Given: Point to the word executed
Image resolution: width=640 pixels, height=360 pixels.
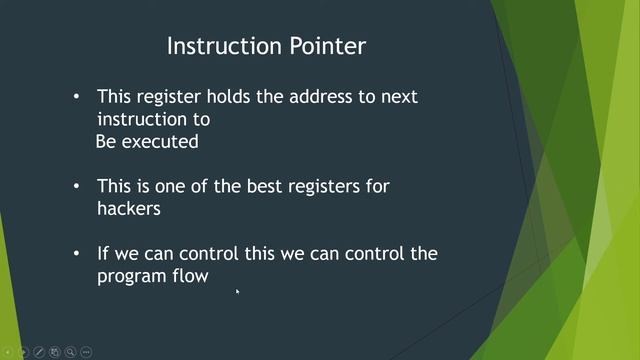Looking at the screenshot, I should click(160, 141).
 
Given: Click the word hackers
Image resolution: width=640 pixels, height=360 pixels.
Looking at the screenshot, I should click(127, 208).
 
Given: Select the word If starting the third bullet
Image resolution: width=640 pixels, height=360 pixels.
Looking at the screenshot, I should click(103, 253).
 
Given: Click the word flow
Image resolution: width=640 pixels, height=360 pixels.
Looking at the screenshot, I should click(190, 276).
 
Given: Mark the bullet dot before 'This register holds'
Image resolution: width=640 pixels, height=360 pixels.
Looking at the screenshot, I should click(78, 98).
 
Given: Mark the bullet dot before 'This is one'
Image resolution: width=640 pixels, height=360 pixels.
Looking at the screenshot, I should click(78, 187).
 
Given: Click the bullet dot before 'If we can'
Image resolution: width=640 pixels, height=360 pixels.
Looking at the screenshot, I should click(78, 254).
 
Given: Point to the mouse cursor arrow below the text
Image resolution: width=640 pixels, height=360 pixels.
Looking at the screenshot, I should click(237, 292).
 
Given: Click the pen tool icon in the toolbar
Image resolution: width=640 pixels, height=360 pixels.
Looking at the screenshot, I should click(39, 352).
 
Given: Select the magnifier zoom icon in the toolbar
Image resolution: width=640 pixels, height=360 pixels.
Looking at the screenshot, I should click(71, 352).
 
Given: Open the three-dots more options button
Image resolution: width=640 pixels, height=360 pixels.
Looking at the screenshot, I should click(87, 352).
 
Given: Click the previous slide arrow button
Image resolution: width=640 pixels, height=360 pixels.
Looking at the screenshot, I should click(8, 352).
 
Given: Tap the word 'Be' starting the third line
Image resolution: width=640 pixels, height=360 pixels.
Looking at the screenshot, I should click(106, 141).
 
